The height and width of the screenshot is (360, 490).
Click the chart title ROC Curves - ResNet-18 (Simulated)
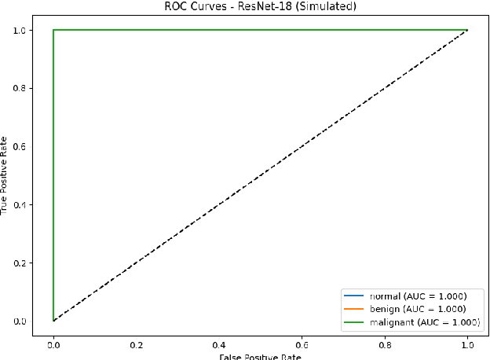click(x=259, y=7)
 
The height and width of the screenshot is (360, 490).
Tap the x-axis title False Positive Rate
click(x=259, y=355)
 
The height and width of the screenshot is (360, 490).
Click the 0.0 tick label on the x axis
click(x=53, y=343)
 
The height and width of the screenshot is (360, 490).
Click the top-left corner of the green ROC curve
click(x=53, y=31)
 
